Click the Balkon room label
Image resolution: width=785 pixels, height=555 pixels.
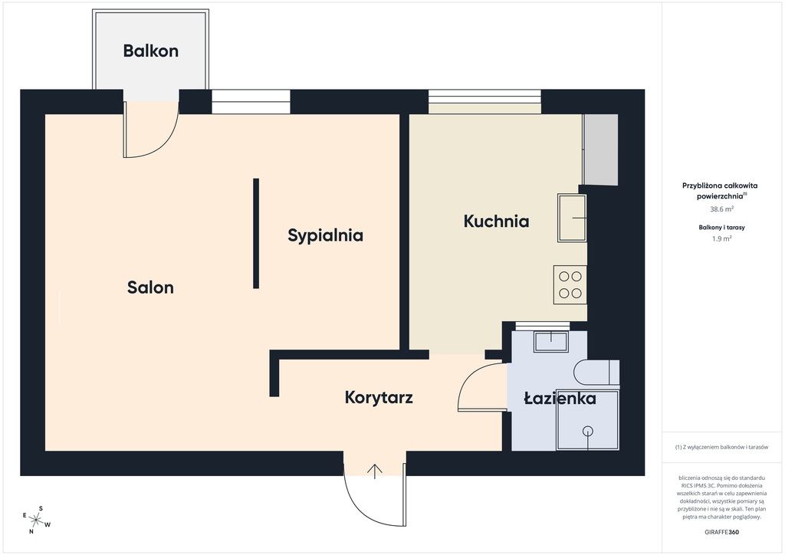pyautogui.click(x=151, y=51)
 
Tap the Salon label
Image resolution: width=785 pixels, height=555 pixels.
pyautogui.click(x=150, y=287)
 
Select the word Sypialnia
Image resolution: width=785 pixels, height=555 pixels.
pyautogui.click(x=325, y=235)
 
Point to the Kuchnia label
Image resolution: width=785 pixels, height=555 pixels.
pyautogui.click(x=496, y=222)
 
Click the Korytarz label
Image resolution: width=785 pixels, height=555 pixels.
pyautogui.click(x=379, y=398)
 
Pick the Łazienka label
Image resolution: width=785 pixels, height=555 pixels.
pyautogui.click(x=560, y=399)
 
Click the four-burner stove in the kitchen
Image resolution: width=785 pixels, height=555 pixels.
pyautogui.click(x=570, y=284)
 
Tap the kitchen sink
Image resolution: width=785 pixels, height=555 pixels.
pyautogui.click(x=572, y=218)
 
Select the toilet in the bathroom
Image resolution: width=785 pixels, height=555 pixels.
pyautogui.click(x=596, y=373)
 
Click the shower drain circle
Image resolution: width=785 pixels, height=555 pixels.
pyautogui.click(x=588, y=431)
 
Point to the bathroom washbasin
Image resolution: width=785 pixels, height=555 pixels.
pyautogui.click(x=551, y=341)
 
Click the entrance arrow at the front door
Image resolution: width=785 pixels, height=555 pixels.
pyautogui.click(x=375, y=471)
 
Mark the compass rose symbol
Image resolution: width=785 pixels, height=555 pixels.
pyautogui.click(x=36, y=520)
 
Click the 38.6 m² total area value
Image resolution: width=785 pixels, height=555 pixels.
pyautogui.click(x=722, y=209)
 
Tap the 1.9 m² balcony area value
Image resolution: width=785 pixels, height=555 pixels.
pyautogui.click(x=722, y=238)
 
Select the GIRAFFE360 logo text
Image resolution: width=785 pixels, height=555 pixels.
pyautogui.click(x=722, y=532)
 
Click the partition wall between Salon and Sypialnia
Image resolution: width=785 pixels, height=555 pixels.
pyautogui.click(x=256, y=234)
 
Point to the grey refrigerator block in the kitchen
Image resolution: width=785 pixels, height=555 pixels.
pyautogui.click(x=601, y=149)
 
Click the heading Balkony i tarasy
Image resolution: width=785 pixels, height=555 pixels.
pyautogui.click(x=722, y=227)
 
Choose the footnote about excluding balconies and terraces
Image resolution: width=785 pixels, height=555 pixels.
pyautogui.click(x=721, y=447)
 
